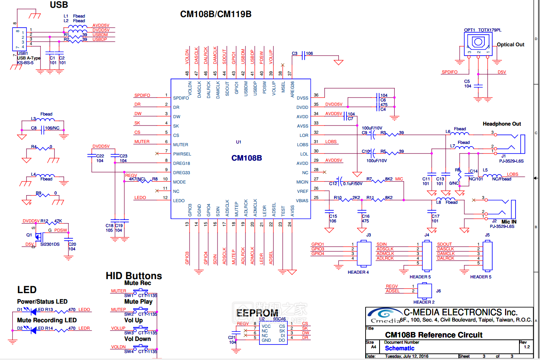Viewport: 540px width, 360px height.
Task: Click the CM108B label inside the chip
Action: [247, 158]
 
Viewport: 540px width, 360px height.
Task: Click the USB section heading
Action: [59, 5]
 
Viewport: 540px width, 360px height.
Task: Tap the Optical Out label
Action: [510, 45]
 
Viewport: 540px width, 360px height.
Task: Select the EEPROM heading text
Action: [257, 313]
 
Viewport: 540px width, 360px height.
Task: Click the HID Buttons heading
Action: [134, 276]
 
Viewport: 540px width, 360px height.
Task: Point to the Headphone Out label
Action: [502, 124]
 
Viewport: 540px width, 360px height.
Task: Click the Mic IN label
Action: [509, 222]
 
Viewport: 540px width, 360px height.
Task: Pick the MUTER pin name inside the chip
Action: [181, 145]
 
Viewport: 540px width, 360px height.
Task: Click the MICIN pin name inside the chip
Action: [302, 182]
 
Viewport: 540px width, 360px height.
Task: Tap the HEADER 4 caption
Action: [358, 272]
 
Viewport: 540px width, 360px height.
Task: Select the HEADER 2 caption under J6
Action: [424, 302]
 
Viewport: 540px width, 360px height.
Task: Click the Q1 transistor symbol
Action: [38, 236]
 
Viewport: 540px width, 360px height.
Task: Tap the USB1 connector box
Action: [19, 39]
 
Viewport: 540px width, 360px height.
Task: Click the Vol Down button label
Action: [138, 339]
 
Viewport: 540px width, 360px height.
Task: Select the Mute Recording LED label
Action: [47, 320]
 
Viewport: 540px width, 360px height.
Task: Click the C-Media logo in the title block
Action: [385, 315]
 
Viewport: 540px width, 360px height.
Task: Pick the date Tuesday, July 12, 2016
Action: [406, 357]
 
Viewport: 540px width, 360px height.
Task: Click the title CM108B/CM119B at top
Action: [216, 14]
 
